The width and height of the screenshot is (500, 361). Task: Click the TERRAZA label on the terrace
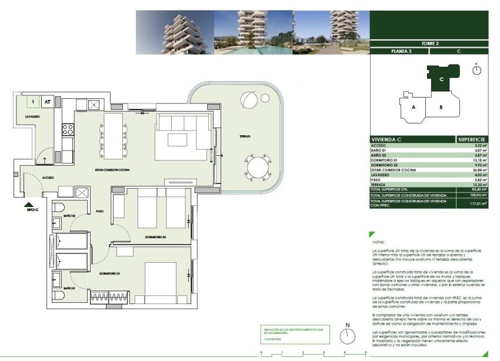coord(245,136)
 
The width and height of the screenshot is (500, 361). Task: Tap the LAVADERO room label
coord(32,117)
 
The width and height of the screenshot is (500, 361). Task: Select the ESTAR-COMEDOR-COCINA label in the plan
coord(112,170)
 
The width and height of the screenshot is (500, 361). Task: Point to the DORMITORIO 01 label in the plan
coord(110,274)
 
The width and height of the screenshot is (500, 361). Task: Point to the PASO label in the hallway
coord(100,211)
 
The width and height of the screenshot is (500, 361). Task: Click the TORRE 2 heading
coord(429,44)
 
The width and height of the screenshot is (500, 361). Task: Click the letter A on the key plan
coord(414,107)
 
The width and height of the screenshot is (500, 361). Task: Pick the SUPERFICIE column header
coord(472,139)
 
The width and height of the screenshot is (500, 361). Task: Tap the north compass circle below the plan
coord(348,336)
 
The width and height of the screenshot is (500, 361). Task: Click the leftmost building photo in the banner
coord(174,32)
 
